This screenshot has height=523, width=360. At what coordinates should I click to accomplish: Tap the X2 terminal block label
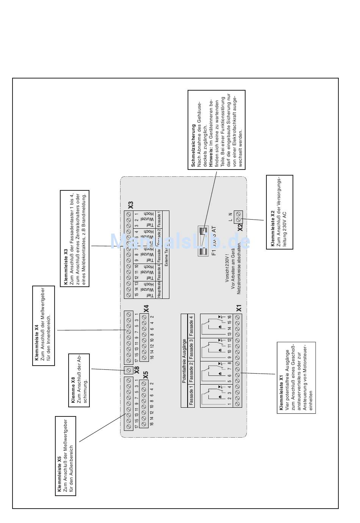(x=240, y=227)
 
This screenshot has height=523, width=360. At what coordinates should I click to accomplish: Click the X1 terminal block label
(x=239, y=308)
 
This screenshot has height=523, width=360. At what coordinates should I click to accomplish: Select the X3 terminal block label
(x=131, y=205)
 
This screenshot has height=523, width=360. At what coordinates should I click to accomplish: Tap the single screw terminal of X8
(x=128, y=370)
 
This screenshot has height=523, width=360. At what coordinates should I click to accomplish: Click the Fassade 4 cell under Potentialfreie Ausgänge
(x=191, y=326)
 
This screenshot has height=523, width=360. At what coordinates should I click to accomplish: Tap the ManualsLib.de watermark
(x=180, y=242)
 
